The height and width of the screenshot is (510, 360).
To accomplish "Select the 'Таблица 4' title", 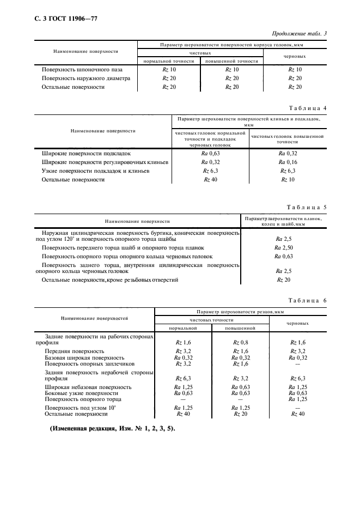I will coord(308,108).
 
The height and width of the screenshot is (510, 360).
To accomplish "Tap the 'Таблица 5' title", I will coord(308,208).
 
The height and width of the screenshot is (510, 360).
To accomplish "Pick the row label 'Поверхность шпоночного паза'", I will coord(82,70).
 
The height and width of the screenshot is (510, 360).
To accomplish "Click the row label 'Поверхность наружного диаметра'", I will coord(86,78).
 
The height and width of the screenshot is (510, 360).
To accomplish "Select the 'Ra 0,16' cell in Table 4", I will coord(288,162).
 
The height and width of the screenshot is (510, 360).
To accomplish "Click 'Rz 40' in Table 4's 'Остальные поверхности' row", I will coord(210,179).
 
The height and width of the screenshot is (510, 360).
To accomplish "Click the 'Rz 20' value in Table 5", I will coord(284,280).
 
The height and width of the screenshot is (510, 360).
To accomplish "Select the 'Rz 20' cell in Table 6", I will coord(240,414).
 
